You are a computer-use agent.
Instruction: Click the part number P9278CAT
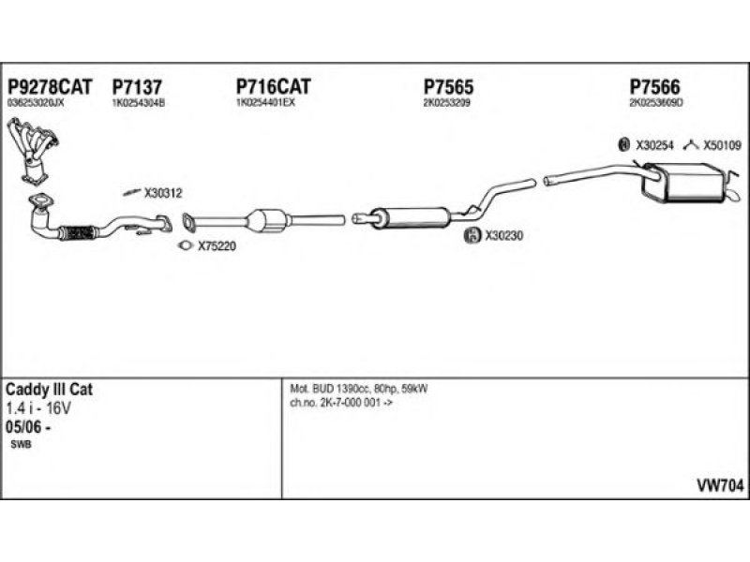coord(50,86)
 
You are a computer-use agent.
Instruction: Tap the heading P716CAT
coord(273,86)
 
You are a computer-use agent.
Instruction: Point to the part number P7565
coord(448,86)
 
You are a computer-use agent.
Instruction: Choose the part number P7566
coord(654,86)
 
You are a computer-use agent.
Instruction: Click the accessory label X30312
coord(163,194)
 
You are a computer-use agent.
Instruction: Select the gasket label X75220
coord(215,247)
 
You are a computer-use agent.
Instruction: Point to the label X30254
coord(655,145)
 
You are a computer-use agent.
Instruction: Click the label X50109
coord(722,145)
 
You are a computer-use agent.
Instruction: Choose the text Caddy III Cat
coord(50,389)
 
